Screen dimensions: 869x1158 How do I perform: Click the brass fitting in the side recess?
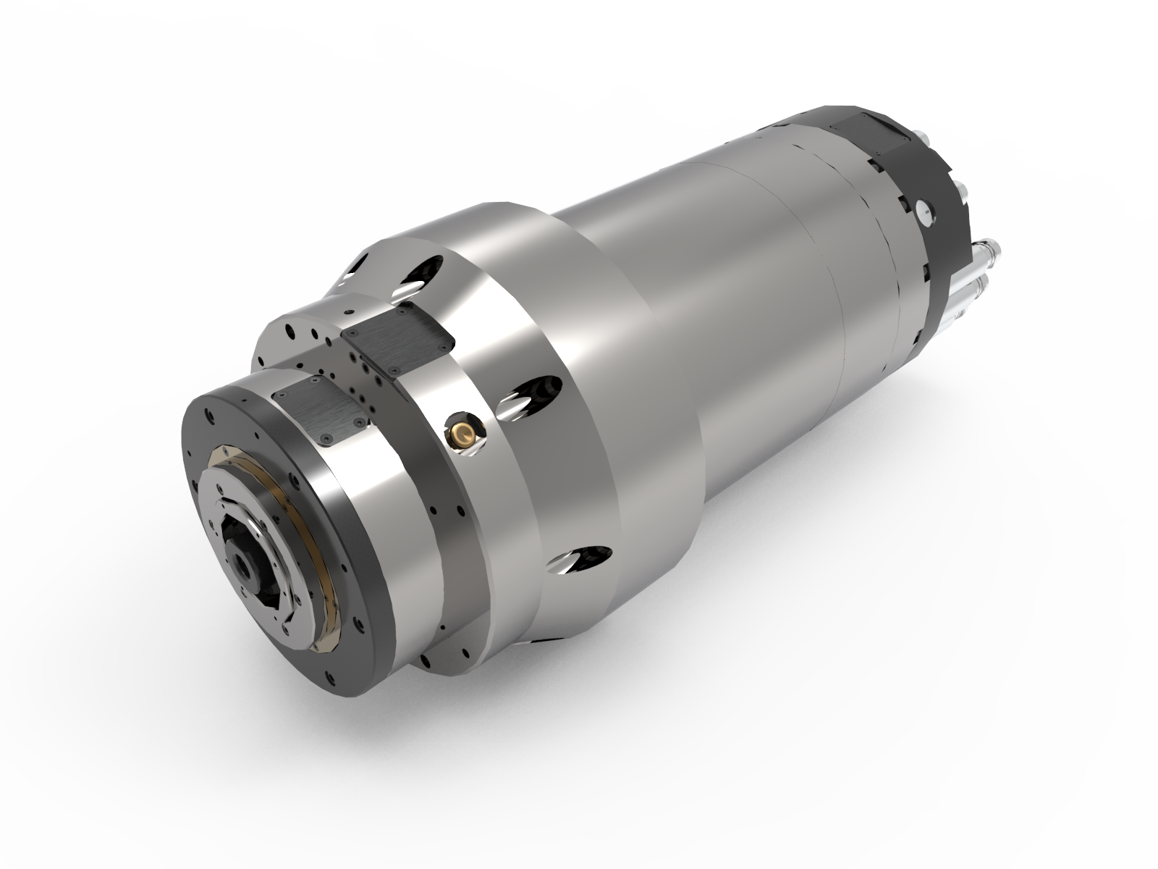(462, 434)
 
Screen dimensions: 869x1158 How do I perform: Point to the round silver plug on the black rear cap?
(924, 211)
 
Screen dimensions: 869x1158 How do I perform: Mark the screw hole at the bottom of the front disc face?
(332, 681)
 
